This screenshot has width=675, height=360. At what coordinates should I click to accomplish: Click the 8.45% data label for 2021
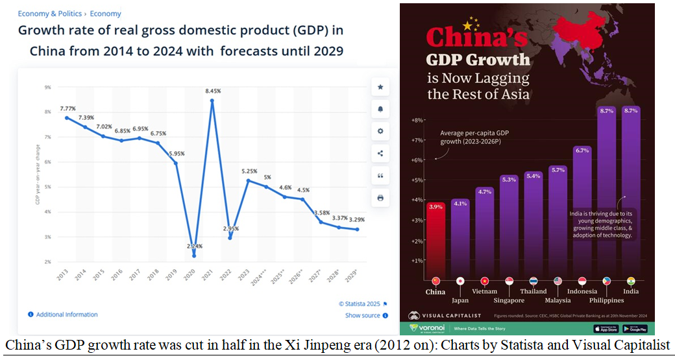pyautogui.click(x=212, y=91)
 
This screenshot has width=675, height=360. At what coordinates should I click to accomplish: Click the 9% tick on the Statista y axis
pyautogui.click(x=48, y=87)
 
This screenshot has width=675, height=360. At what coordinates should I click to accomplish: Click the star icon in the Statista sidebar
pyautogui.click(x=380, y=87)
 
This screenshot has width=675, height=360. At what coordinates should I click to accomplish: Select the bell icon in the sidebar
pyautogui.click(x=380, y=109)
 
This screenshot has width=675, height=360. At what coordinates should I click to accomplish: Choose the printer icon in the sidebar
pyautogui.click(x=380, y=197)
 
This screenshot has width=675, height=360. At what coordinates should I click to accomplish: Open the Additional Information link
pyautogui.click(x=67, y=315)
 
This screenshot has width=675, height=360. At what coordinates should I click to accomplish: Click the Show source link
pyautogui.click(x=363, y=316)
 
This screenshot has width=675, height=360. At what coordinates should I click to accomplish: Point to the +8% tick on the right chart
pyautogui.click(x=417, y=120)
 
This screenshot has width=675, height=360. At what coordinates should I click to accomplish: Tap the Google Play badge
pyautogui.click(x=635, y=329)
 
